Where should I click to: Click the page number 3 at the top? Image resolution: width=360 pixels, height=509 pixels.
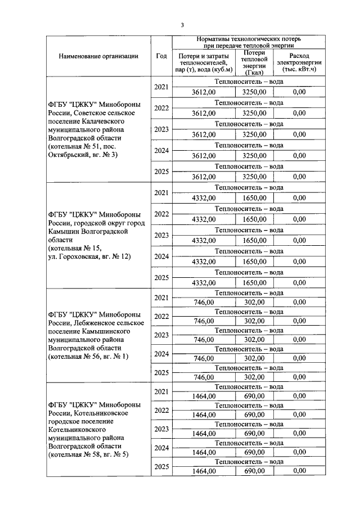(x=182, y=25)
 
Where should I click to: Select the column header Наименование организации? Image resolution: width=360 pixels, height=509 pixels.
(x=97, y=56)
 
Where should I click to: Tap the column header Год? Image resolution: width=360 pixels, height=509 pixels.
(x=161, y=56)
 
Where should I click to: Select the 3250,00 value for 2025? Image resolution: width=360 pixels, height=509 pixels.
(x=254, y=176)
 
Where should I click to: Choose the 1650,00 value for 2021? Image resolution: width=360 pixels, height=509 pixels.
(x=254, y=198)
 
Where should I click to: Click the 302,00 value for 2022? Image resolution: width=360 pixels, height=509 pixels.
(x=254, y=321)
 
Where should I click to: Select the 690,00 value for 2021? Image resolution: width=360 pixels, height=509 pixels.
(x=254, y=396)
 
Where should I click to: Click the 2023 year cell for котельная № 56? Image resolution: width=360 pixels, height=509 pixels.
(x=161, y=335)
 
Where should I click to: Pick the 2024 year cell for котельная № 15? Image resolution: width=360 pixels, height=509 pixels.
(x=161, y=256)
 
